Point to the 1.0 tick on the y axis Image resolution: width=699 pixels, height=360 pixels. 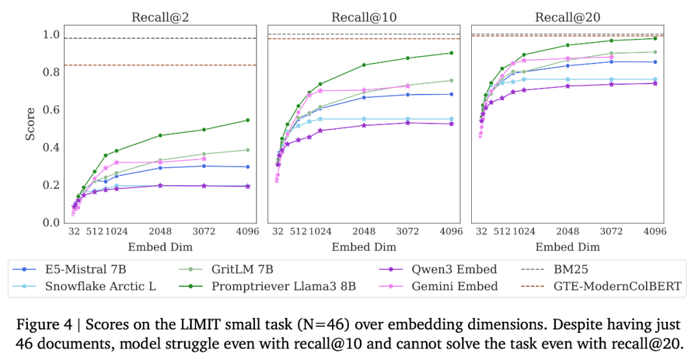click(x=50, y=35)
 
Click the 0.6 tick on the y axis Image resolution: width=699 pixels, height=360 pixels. click(x=50, y=110)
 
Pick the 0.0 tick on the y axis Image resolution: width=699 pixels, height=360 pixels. click(x=50, y=223)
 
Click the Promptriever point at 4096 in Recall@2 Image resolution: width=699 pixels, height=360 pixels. click(x=247, y=120)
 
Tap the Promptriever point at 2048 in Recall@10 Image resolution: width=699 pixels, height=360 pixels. click(x=364, y=65)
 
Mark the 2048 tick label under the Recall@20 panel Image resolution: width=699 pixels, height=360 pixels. click(x=568, y=232)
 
